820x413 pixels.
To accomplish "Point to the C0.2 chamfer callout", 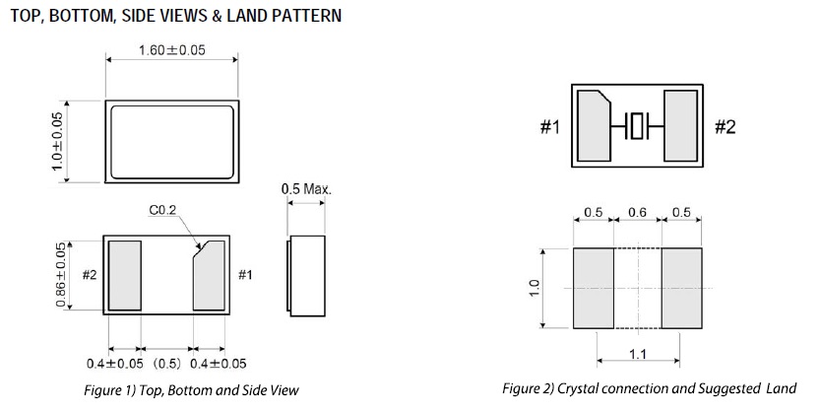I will pyautogui.click(x=161, y=209).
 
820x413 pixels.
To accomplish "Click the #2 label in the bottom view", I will pyautogui.click(x=89, y=276).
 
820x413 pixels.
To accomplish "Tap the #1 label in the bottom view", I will pyautogui.click(x=247, y=276).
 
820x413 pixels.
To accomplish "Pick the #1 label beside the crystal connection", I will pyautogui.click(x=549, y=128).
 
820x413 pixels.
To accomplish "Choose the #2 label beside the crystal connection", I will pyautogui.click(x=724, y=128).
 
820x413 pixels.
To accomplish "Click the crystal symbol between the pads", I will pyautogui.click(x=639, y=126).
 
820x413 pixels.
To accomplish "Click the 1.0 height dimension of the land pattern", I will pyautogui.click(x=533, y=287).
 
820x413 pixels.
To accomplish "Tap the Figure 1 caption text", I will pyautogui.click(x=191, y=390).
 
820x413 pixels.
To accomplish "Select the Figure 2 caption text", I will pyautogui.click(x=649, y=388).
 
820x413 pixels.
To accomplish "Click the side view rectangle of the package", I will pyautogui.click(x=307, y=275).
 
